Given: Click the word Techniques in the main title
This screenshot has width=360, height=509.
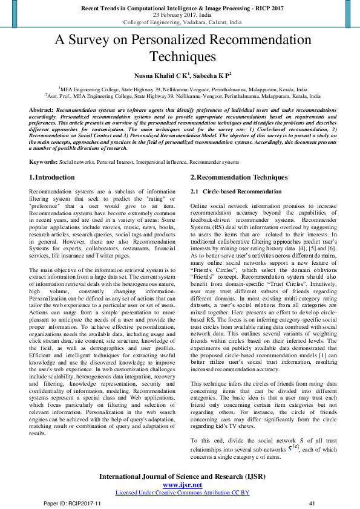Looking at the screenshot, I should coord(180,57).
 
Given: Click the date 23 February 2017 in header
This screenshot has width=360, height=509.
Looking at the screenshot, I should coord(180,15).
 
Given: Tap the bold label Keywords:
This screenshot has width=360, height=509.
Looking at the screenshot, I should coord(43,163).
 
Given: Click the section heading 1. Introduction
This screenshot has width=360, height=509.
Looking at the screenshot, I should coord(52,177).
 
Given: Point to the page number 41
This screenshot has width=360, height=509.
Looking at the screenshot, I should coord(313,503).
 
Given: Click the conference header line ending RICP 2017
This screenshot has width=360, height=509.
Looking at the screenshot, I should coord(180,8).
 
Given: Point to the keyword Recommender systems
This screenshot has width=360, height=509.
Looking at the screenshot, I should coord(214,163).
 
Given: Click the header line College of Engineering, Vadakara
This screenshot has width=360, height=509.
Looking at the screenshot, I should coord(180,22).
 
